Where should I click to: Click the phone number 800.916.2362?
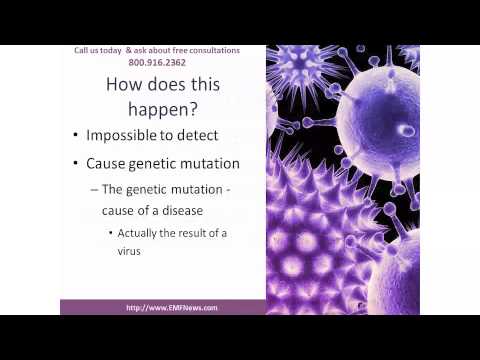click(162, 61)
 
